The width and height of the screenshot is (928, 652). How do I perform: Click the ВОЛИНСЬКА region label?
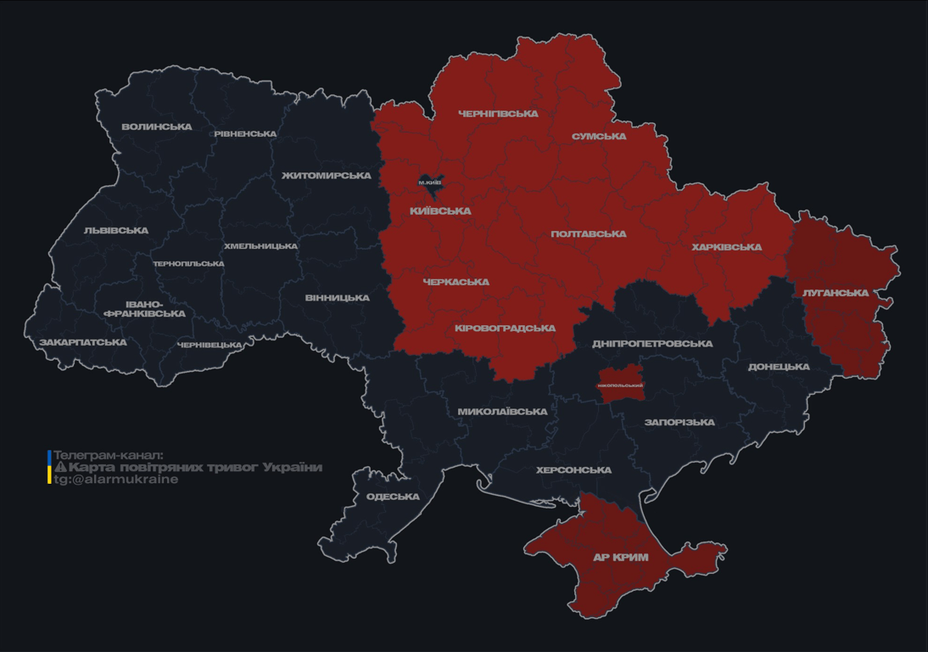pos(156,127)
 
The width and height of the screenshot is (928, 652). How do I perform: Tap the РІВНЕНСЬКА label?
pos(245,134)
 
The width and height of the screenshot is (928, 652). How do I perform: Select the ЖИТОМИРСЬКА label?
pos(326,176)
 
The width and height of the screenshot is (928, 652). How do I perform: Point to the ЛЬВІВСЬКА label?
pos(115,231)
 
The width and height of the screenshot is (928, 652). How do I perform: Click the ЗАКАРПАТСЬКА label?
pos(82,343)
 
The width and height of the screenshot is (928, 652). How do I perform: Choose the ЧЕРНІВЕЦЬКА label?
pos(210,346)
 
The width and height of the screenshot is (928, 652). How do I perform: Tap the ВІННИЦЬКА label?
pos(337,298)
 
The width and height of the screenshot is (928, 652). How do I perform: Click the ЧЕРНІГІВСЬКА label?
pos(498,114)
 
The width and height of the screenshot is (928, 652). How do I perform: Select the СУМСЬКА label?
pos(599,137)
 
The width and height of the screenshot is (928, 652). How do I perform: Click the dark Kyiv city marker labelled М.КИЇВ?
pos(430,182)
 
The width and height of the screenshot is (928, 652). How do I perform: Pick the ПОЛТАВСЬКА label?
pos(588,234)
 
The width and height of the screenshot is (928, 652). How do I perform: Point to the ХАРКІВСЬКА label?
pos(726,248)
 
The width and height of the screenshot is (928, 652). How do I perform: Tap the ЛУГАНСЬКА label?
pos(835,293)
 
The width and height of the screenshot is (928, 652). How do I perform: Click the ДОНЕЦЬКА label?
pos(778,368)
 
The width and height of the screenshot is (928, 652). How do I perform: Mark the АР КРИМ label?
pos(620,558)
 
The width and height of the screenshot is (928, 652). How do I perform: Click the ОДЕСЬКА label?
pos(393,497)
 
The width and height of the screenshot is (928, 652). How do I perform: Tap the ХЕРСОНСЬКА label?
pos(573,470)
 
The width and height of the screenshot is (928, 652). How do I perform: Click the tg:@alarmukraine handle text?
pos(116,480)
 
